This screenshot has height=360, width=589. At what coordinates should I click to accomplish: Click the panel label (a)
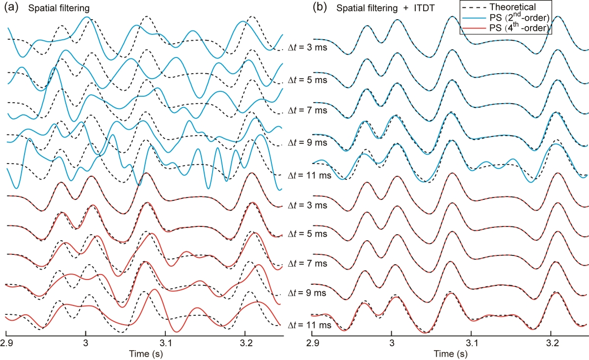coord(12,7)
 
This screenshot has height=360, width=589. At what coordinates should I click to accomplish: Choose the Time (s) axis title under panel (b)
coord(451,353)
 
